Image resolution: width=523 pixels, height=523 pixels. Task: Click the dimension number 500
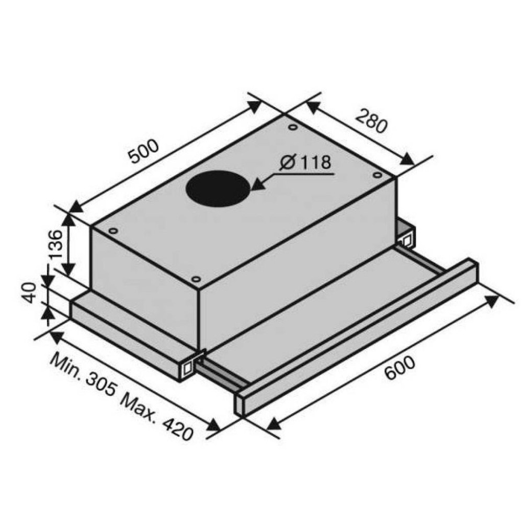point(144,151)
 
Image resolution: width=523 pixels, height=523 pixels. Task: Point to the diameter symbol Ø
point(288,163)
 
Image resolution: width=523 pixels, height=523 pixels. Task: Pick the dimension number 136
point(55,244)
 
